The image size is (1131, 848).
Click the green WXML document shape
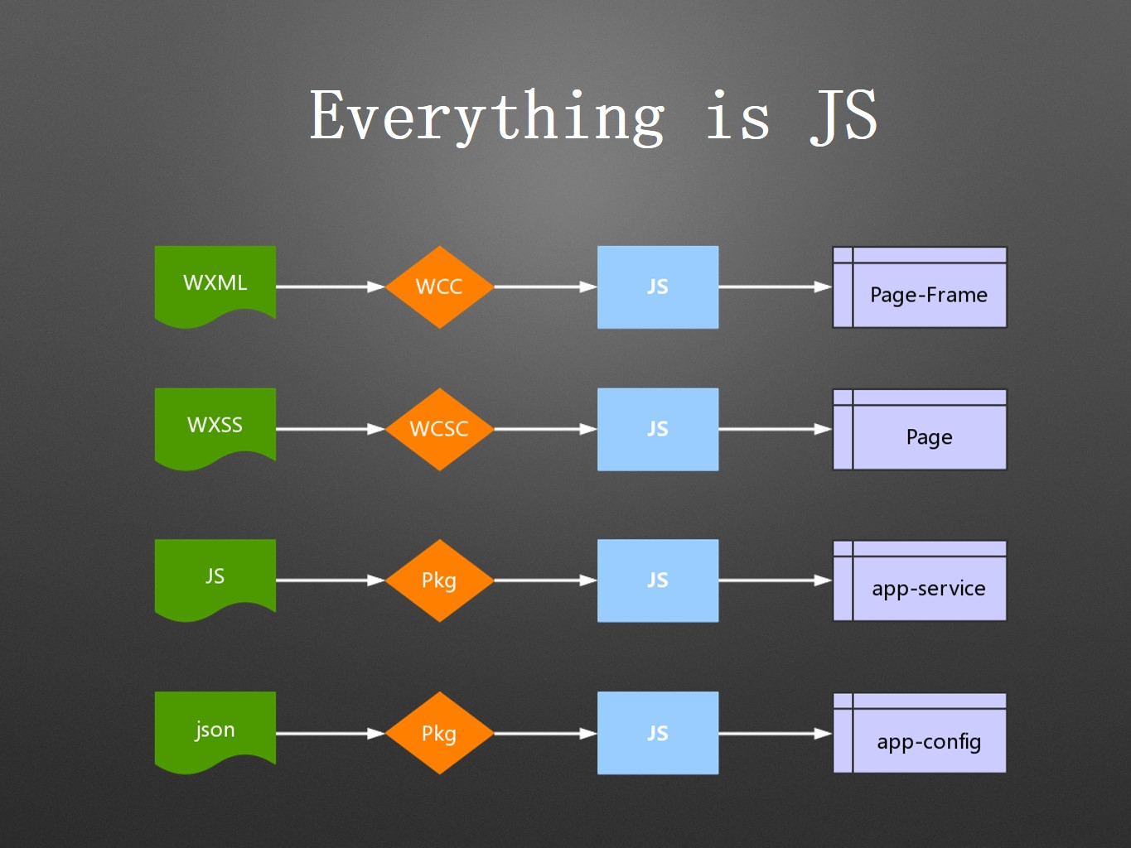point(215,283)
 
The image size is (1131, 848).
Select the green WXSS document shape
point(215,426)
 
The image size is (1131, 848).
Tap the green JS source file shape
point(215,577)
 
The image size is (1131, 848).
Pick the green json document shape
point(215,730)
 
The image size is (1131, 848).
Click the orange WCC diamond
point(439,287)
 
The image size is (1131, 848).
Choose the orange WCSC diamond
point(439,429)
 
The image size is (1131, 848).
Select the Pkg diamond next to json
point(439,733)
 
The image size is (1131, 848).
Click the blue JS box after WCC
point(658,287)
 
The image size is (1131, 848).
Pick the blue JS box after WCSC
point(658,429)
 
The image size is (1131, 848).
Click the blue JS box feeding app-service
point(658,581)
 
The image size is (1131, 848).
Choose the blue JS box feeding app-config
point(658,733)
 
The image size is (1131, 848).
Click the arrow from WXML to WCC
point(330,287)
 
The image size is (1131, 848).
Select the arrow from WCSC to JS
point(545,429)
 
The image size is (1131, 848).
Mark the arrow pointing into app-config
point(775,733)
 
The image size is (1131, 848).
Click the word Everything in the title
point(487,116)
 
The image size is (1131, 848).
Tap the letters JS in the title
point(843,116)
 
